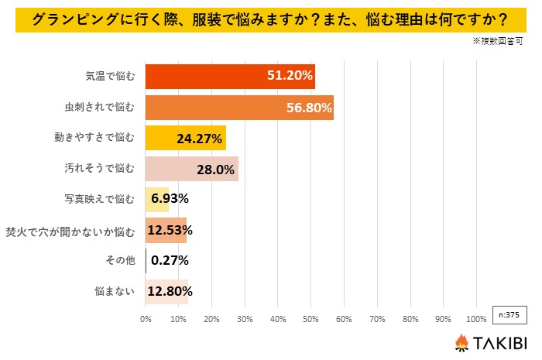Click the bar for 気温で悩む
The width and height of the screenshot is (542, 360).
[230, 77]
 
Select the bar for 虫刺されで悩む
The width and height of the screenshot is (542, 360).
[239, 108]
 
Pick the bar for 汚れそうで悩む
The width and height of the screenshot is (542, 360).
[191, 169]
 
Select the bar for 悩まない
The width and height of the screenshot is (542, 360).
[166, 292]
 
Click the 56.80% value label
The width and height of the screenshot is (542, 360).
[308, 108]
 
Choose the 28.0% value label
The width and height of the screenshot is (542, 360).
[216, 169]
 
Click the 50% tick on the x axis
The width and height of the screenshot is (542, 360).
[311, 318]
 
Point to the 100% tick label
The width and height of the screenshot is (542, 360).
[476, 318]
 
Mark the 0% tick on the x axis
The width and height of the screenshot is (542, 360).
[146, 318]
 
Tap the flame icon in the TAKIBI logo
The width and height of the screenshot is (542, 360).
[461, 342]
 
